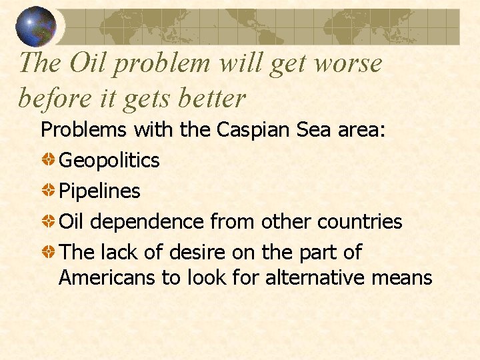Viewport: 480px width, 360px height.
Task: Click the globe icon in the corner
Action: [36, 27]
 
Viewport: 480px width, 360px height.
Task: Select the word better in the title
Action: [215, 98]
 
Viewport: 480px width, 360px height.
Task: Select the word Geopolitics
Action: [109, 160]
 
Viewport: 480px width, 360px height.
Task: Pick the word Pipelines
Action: [99, 191]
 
